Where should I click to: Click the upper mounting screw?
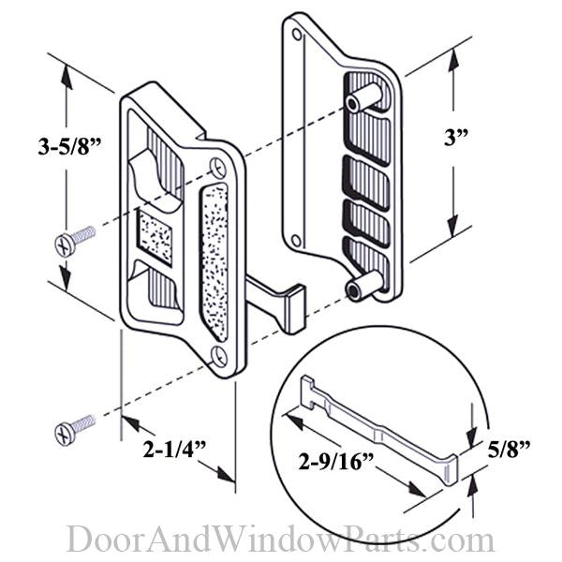tap(75, 240)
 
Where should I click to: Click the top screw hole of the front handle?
tap(218, 169)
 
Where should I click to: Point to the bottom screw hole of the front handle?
tap(218, 355)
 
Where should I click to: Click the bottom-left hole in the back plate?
tap(297, 240)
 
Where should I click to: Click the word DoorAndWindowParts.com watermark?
tap(280, 540)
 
